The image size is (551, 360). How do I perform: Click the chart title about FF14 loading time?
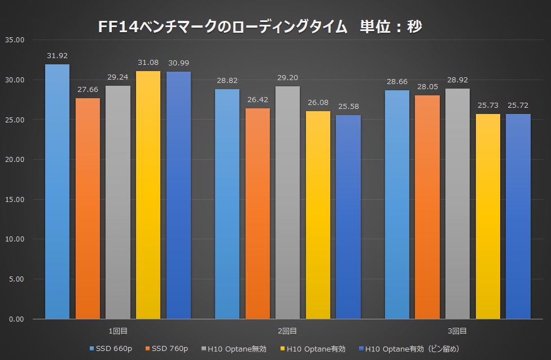pyautogui.click(x=260, y=26)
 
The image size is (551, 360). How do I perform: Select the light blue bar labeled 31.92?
pyautogui.click(x=57, y=192)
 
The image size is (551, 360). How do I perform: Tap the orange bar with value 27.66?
pyautogui.click(x=88, y=209)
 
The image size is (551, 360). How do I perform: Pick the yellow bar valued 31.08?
pyautogui.click(x=148, y=195)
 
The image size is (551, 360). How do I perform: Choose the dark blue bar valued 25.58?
pyautogui.click(x=348, y=217)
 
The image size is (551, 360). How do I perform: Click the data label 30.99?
pyautogui.click(x=179, y=62)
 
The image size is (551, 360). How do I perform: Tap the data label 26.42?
pyautogui.click(x=257, y=99)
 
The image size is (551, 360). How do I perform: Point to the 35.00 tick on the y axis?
pyautogui.click(x=14, y=40)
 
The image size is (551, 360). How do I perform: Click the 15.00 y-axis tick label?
pyautogui.click(x=14, y=199)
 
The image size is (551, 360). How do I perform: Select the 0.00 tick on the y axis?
pyautogui.click(x=15, y=319)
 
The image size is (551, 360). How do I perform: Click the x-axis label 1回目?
pyautogui.click(x=117, y=331)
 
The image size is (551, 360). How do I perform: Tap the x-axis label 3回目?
pyautogui.click(x=458, y=331)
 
